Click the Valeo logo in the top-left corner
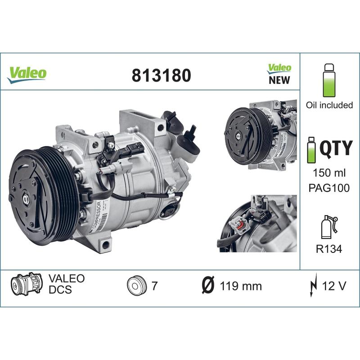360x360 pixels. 27,74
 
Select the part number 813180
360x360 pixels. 161,75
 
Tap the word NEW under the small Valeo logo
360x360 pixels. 279,81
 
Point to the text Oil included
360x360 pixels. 329,105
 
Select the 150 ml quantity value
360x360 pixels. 329,173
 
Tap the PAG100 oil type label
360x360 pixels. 329,188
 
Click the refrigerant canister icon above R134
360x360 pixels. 328,227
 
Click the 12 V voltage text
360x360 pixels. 333,285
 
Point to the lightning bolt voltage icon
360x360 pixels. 313,285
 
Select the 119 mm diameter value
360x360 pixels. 240,286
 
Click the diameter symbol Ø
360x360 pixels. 207,286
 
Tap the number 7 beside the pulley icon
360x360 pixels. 154,286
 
